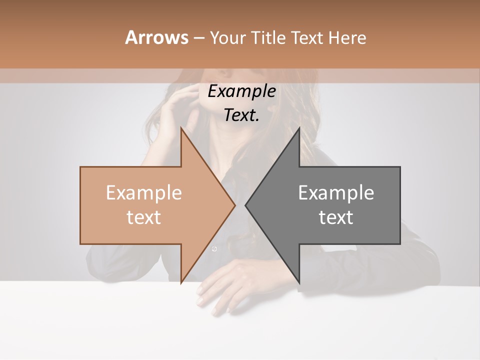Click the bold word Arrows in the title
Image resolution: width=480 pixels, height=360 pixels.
[156, 37]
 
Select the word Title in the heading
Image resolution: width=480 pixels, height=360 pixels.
[269, 37]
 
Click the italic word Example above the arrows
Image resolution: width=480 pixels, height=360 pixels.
[241, 91]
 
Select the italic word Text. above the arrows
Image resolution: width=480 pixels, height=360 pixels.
[241, 115]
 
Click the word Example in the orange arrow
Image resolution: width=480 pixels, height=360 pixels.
[144, 193]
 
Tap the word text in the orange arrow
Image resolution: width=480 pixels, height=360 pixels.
[144, 217]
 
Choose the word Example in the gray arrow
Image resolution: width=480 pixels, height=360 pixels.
[336, 193]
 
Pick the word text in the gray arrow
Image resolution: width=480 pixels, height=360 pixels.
[336, 217]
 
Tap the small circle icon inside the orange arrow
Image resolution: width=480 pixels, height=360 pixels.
[214, 249]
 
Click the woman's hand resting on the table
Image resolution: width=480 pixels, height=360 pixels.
[225, 285]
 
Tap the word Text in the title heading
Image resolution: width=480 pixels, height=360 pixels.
[306, 37]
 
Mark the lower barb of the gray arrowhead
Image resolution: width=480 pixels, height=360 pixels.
[298, 280]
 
